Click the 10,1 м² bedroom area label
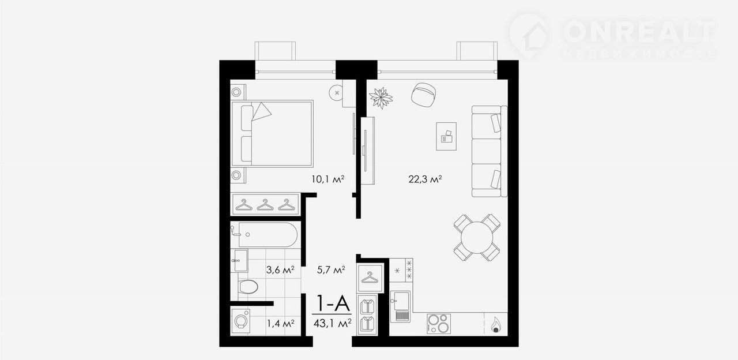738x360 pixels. [328, 179]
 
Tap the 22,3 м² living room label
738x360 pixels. [425, 179]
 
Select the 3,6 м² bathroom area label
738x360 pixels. [280, 270]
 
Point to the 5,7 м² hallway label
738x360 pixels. [331, 270]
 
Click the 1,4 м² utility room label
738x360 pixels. [280, 324]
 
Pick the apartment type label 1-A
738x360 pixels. [333, 303]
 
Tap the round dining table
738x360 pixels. [477, 237]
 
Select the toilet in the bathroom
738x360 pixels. [247, 287]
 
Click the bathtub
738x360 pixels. [268, 235]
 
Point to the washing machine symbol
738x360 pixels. [240, 321]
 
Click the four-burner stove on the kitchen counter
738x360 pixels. [439, 324]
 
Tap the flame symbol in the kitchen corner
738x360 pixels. [495, 325]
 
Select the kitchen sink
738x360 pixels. [400, 306]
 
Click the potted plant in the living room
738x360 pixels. [381, 97]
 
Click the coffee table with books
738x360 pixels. [446, 137]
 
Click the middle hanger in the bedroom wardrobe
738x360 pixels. [265, 205]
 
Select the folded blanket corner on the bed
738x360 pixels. [261, 111]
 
